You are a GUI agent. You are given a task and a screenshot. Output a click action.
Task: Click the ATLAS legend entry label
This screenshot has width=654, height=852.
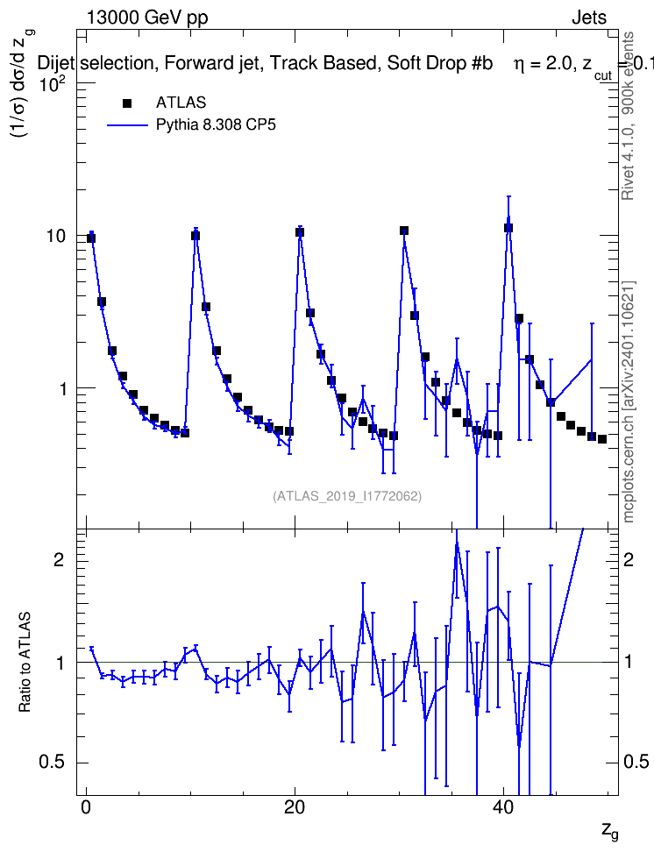tap(181, 103)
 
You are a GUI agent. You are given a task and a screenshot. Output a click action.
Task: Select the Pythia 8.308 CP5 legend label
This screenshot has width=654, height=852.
tap(216, 124)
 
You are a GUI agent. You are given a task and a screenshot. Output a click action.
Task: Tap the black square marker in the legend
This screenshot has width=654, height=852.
tap(127, 103)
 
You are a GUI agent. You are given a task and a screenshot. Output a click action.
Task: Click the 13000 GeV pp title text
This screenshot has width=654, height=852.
tap(147, 18)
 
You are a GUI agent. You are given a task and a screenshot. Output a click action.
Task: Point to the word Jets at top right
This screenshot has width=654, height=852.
tap(589, 18)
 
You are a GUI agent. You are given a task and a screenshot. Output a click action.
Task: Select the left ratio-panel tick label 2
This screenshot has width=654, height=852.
tap(60, 559)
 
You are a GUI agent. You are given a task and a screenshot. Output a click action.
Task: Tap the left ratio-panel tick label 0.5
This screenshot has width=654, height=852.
tap(53, 762)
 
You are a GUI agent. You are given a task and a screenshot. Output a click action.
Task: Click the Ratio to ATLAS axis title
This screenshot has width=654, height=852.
tap(25, 662)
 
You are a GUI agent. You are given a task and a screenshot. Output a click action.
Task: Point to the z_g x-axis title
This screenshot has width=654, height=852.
tap(609, 831)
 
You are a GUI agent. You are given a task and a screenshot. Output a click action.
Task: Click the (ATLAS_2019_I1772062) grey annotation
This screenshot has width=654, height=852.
tap(347, 496)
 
